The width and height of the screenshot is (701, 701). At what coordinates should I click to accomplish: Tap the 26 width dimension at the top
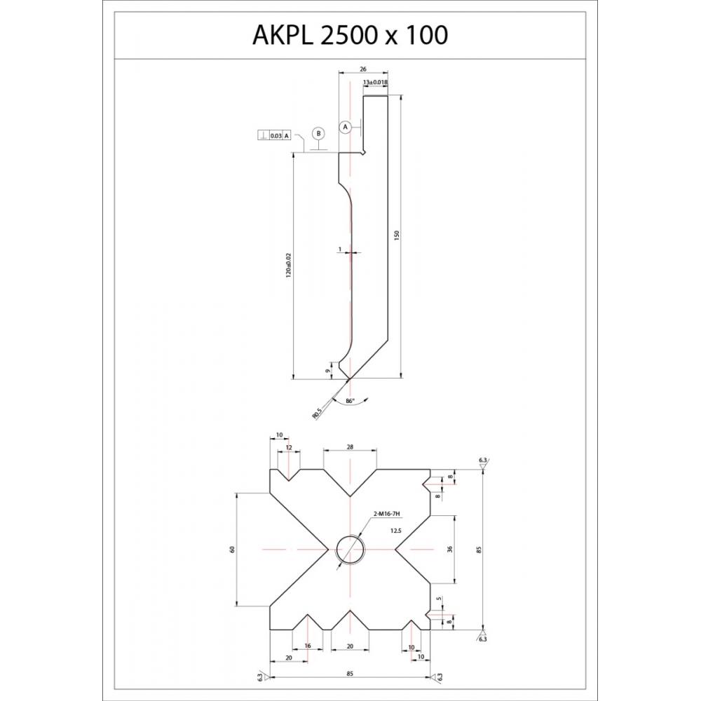[362, 69]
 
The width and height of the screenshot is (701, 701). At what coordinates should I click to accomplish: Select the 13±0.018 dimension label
[376, 82]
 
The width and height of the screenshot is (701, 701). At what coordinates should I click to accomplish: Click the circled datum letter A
[345, 127]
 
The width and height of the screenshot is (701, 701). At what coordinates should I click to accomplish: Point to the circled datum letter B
[318, 132]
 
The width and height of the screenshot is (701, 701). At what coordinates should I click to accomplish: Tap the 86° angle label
[350, 401]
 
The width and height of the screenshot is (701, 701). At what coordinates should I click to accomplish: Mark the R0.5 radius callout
[318, 414]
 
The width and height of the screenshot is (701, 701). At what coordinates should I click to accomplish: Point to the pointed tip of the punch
[348, 379]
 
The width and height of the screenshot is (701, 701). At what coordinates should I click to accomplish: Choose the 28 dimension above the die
[350, 447]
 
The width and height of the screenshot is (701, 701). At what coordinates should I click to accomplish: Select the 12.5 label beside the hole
[395, 531]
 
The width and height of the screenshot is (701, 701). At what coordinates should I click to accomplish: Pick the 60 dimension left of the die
[232, 549]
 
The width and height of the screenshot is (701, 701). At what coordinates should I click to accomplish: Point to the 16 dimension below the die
[307, 646]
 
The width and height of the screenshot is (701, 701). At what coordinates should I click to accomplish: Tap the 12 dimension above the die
[288, 447]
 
